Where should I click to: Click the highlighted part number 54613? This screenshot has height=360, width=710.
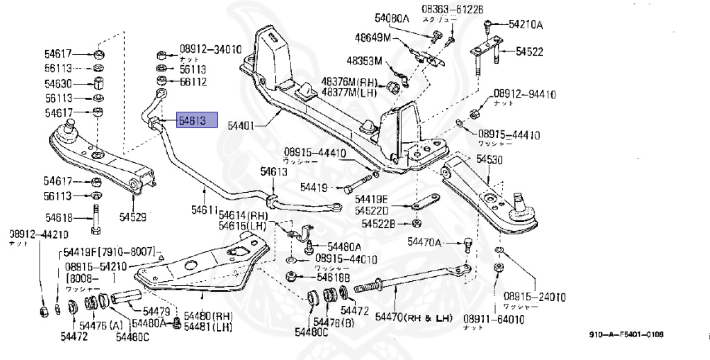point(197,121)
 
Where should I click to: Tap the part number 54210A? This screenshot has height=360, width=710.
point(526,25)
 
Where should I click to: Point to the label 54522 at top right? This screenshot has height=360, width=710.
point(528,52)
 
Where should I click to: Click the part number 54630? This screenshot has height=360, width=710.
point(60,84)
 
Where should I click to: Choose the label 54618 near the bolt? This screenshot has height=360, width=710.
point(60,216)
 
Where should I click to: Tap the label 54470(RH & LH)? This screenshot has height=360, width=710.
point(413,318)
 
